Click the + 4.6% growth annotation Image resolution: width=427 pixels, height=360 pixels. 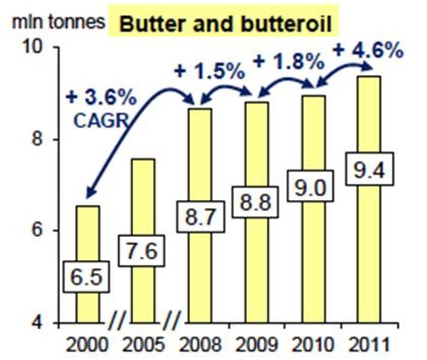coord(366,50)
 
